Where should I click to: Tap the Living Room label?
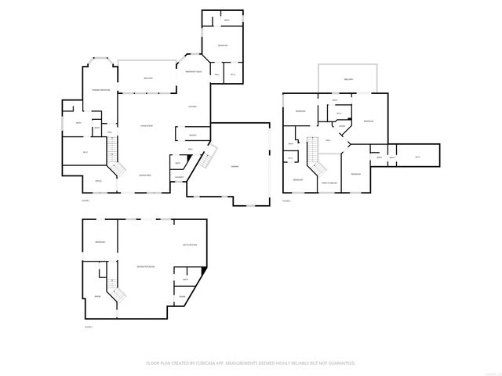point(146,125)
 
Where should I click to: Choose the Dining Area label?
point(146,175)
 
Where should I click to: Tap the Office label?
point(99,181)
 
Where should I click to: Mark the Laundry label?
point(180,176)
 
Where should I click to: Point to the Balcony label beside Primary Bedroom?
point(148,78)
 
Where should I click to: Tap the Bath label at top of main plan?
point(226,19)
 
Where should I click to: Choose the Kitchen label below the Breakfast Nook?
point(192,107)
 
